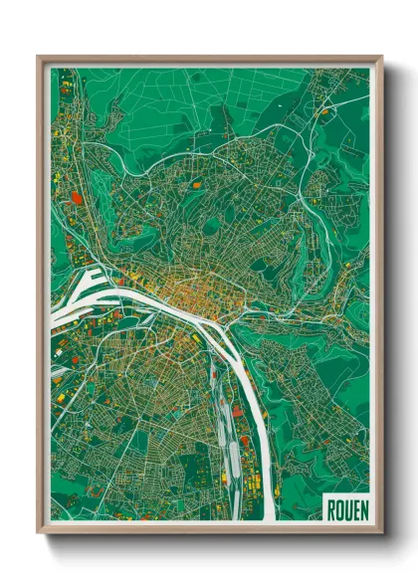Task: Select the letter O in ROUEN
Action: (x=339, y=509)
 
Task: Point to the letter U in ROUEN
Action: (x=347, y=509)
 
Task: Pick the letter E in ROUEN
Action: (x=355, y=509)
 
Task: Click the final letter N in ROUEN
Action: (x=363, y=509)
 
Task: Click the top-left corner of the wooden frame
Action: (x=38, y=57)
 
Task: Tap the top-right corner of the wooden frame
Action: (x=381, y=57)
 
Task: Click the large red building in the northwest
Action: (x=78, y=198)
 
